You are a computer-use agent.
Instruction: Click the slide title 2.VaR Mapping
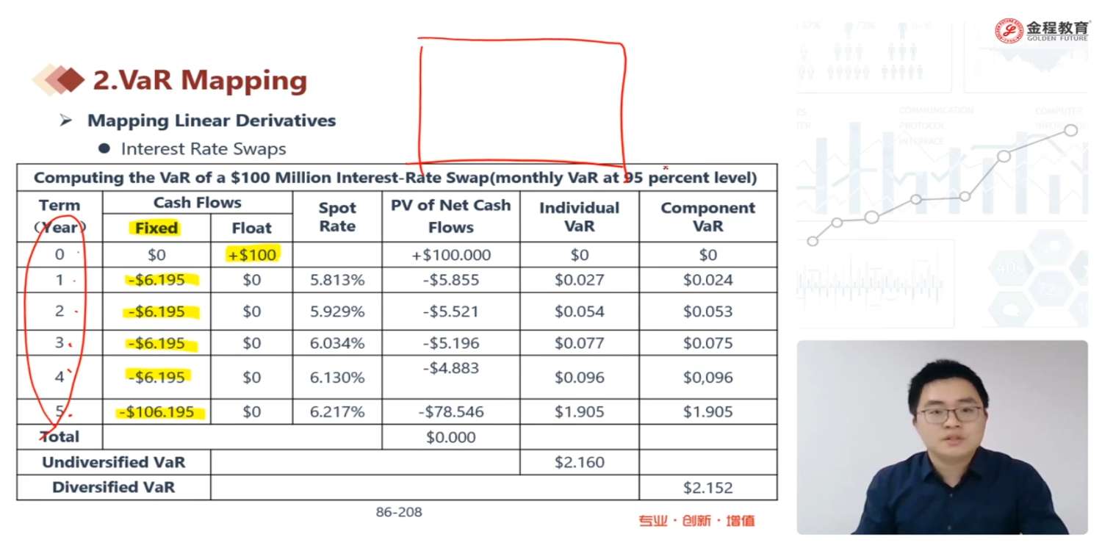(x=199, y=81)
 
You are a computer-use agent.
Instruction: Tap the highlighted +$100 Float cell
(x=251, y=255)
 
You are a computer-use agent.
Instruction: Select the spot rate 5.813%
(x=337, y=280)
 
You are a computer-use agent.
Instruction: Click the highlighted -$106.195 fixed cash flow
(x=161, y=412)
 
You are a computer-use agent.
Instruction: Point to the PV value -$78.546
(x=451, y=412)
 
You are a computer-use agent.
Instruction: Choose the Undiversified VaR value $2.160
(x=580, y=462)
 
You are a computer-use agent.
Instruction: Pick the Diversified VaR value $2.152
(x=707, y=487)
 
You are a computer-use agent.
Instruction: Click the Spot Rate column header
(x=337, y=217)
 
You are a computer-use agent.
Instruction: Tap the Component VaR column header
(x=707, y=217)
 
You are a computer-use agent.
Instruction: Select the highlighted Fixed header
(x=156, y=228)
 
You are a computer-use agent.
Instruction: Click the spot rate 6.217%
(x=337, y=412)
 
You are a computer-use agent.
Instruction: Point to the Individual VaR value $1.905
(x=580, y=412)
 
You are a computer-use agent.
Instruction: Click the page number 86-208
(x=399, y=512)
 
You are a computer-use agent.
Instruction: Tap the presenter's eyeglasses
(x=950, y=414)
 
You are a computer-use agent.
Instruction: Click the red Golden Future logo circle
(x=1009, y=30)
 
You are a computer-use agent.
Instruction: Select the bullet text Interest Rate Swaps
(x=204, y=149)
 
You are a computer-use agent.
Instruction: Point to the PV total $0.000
(x=451, y=437)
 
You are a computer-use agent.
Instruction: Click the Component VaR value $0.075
(x=707, y=343)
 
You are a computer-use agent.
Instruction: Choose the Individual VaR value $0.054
(x=580, y=311)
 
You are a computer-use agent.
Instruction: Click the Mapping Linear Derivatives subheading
(x=212, y=120)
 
